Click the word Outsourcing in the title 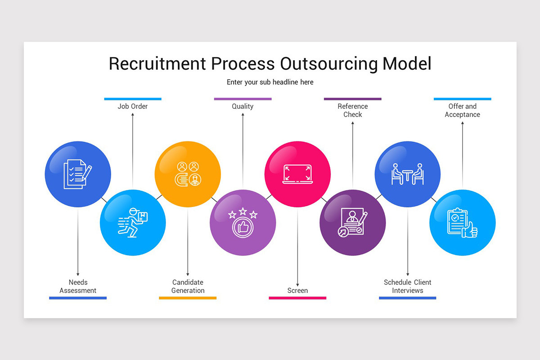tap(328, 63)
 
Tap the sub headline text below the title tap(270, 82)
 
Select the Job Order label tap(133, 107)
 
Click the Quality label tap(243, 107)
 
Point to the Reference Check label tap(353, 110)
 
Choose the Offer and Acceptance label tap(463, 110)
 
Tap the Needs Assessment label tap(78, 286)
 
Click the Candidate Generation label tap(188, 286)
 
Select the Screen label tap(297, 291)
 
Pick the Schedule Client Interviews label tap(408, 286)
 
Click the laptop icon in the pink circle tap(297, 174)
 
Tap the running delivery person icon tap(133, 223)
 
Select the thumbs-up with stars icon tap(243, 223)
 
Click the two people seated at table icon tap(408, 174)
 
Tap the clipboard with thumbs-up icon tap(463, 223)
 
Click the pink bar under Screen tap(297, 298)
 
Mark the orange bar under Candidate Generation tap(188, 298)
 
